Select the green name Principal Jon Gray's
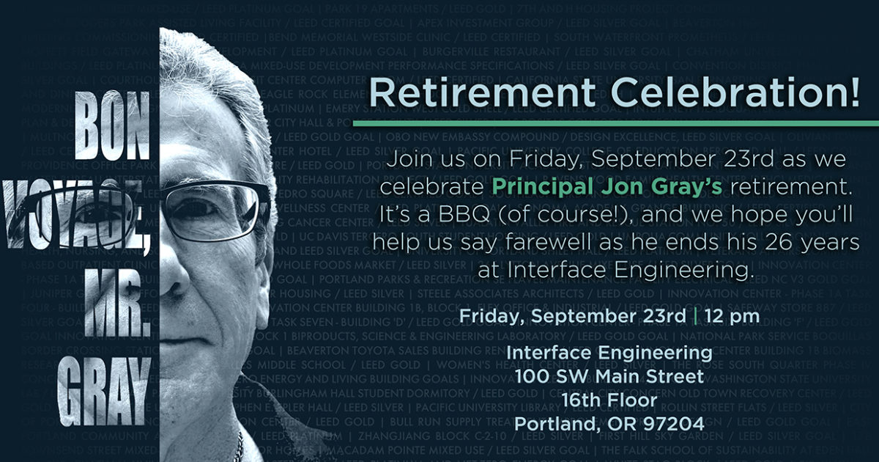607,186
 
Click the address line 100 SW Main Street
609,376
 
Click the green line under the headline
615,123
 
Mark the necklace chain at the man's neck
238,444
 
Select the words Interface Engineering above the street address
609,353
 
